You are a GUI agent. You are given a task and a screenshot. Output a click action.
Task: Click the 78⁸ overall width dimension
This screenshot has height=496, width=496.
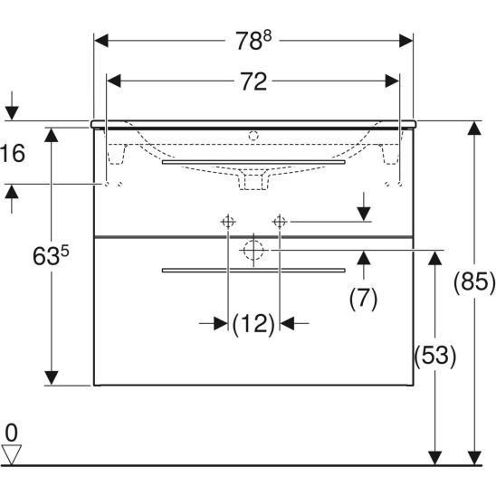tap(253, 41)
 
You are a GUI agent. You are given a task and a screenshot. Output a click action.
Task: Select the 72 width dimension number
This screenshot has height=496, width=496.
tap(253, 81)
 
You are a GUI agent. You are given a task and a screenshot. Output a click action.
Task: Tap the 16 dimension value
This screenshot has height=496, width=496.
tap(13, 153)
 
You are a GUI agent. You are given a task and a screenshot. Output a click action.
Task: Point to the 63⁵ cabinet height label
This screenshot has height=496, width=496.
tap(51, 256)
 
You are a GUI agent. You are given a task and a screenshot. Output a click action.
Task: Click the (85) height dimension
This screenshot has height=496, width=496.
tap(474, 281)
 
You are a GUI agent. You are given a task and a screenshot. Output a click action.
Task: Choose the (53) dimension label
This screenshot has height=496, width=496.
tap(435, 356)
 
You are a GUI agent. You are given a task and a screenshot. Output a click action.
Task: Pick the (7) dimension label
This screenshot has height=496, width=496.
tap(364, 298)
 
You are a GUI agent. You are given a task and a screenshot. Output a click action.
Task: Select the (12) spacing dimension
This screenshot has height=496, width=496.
tap(253, 324)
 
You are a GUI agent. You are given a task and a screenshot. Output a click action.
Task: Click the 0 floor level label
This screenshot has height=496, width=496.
tap(12, 433)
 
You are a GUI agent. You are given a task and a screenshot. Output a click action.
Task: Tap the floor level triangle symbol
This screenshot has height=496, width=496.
tap(12, 454)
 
